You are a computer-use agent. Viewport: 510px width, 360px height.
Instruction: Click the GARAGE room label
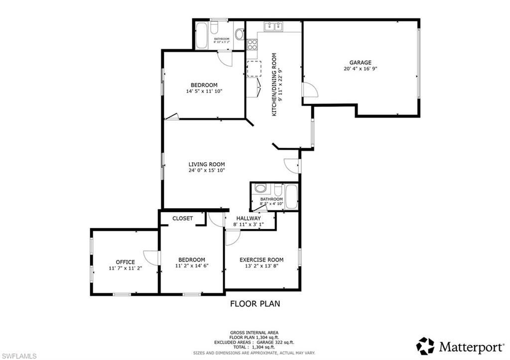pos(360,62)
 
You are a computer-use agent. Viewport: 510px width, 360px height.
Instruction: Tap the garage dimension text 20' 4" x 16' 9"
pos(360,69)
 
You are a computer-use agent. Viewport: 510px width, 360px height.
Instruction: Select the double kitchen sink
pos(273,26)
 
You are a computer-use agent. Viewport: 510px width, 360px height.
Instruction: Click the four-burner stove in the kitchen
pos(252,45)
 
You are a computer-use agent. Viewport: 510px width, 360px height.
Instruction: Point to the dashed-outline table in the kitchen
pos(254,68)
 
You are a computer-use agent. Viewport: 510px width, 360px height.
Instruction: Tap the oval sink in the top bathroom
pos(239,35)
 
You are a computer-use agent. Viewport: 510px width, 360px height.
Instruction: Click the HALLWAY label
pos(249,218)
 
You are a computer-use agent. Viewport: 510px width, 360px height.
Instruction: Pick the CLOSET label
pos(182,218)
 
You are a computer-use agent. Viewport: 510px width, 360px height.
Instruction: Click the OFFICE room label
pos(125,262)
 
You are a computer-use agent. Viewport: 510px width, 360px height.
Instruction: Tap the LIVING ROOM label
pos(206,164)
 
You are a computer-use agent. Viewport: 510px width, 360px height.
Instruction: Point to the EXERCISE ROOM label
pos(261,259)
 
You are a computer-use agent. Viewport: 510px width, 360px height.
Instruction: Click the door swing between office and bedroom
pos(151,257)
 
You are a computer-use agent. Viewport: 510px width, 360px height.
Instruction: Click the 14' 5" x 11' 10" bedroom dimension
pos(204,91)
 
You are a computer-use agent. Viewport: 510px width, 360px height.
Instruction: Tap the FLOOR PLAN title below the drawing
pos(255,303)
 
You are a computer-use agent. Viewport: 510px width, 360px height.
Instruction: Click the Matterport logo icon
pos(425,345)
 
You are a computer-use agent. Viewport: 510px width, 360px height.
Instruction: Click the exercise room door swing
pos(232,238)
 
